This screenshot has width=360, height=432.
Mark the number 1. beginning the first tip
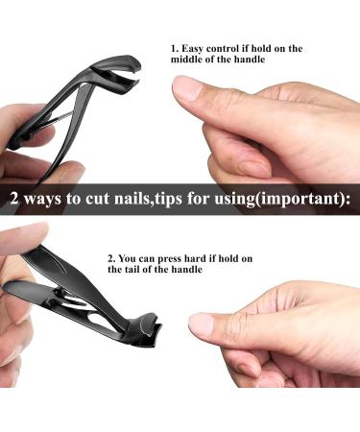pyautogui.click(x=175, y=47)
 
